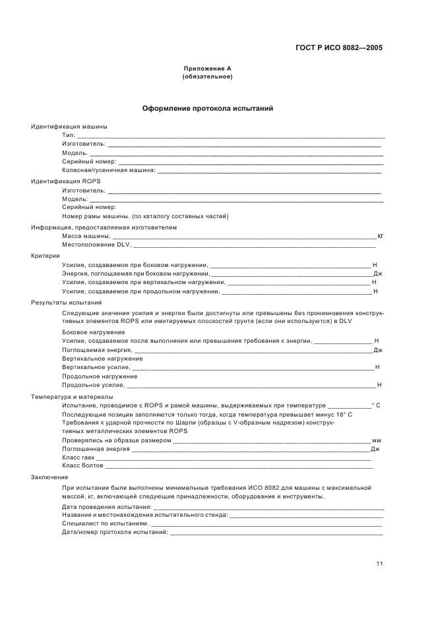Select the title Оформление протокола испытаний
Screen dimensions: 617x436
(x=208, y=108)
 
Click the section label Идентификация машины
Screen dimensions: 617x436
(x=69, y=127)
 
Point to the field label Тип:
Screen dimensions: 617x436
(x=69, y=135)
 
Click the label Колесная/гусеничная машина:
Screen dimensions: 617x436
(x=109, y=170)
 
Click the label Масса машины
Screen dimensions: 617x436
(x=86, y=236)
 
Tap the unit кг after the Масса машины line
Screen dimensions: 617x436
(x=380, y=236)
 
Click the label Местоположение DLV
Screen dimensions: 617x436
(x=97, y=245)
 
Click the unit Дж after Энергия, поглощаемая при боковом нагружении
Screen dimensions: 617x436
(x=378, y=273)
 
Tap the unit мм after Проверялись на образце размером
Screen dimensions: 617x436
(x=377, y=440)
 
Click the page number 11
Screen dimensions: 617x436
(x=379, y=564)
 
